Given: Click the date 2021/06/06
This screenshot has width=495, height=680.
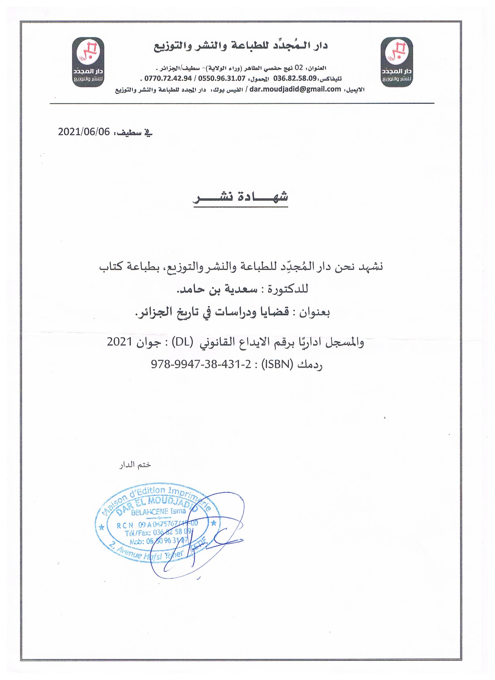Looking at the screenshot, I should tap(84, 132).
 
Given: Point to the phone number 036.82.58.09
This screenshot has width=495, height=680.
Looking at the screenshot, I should tap(295, 79).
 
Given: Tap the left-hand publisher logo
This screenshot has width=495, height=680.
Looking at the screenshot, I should tap(89, 62).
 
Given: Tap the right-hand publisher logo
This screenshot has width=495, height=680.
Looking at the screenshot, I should tap(397, 62).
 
